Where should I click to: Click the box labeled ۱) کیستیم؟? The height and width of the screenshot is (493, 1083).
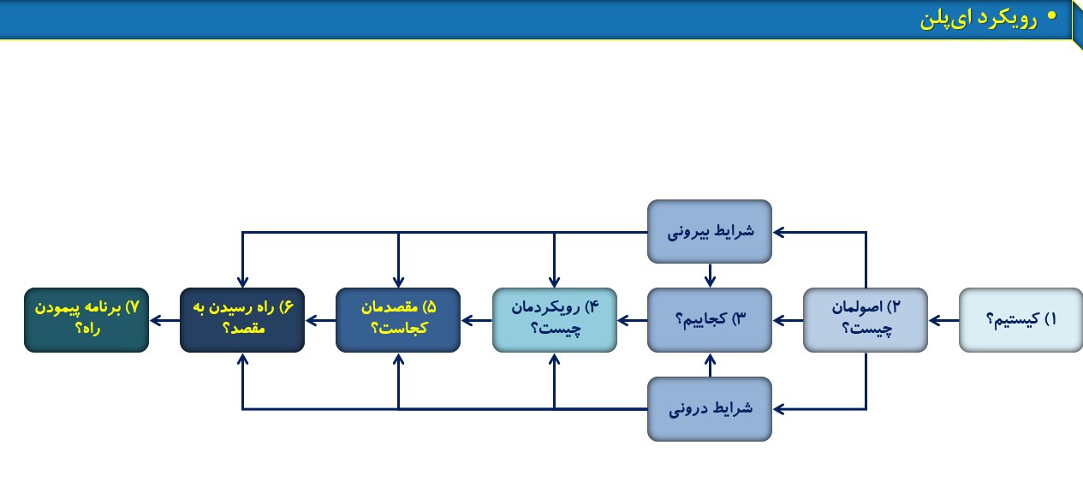coord(1021,320)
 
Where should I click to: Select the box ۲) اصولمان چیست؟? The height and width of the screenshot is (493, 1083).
coord(866,320)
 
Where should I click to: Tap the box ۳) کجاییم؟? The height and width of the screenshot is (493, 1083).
coord(710,320)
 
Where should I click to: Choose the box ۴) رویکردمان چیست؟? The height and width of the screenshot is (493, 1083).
coord(555,320)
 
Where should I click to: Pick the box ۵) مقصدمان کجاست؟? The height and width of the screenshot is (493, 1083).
coord(398,320)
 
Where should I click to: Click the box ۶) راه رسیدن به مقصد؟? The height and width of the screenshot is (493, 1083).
coord(242,320)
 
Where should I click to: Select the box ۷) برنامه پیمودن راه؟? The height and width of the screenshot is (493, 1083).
coord(86,320)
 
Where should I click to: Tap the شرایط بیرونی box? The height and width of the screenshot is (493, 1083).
coord(710,231)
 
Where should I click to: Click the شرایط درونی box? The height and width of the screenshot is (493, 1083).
coord(710,409)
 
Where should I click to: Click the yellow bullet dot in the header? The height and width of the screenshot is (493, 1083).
coord(1051,15)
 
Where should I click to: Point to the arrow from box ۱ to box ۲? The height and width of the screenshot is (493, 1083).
coord(943,320)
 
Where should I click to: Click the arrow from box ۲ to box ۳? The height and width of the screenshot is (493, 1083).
coord(788,320)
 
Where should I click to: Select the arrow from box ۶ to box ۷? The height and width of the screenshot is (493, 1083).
coord(165,320)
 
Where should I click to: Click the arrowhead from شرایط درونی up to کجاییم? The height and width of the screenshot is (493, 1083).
coord(710,359)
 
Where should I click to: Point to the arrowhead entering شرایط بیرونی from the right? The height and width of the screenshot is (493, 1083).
coord(779,233)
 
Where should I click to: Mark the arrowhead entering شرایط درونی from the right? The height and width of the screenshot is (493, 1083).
coord(779,409)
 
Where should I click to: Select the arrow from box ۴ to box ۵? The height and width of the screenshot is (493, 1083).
coord(477,320)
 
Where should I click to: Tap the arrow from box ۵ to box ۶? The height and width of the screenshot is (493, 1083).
coord(320,320)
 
